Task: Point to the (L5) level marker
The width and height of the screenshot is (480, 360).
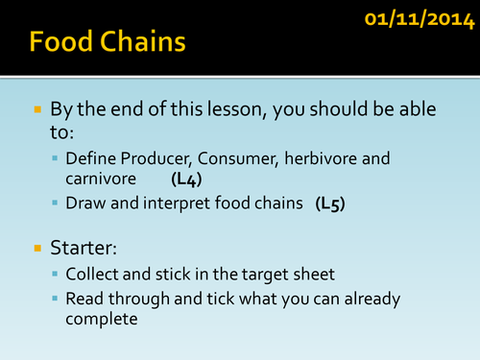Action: [x=332, y=204]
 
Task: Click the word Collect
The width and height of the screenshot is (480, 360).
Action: [x=92, y=275]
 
